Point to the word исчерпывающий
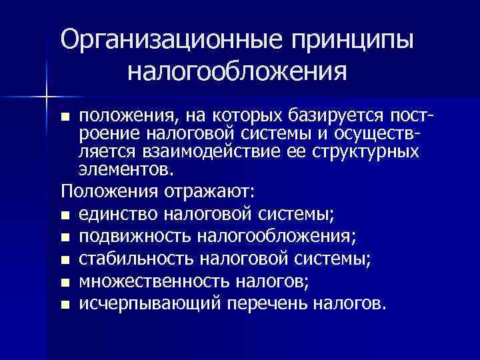click(149, 305)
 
